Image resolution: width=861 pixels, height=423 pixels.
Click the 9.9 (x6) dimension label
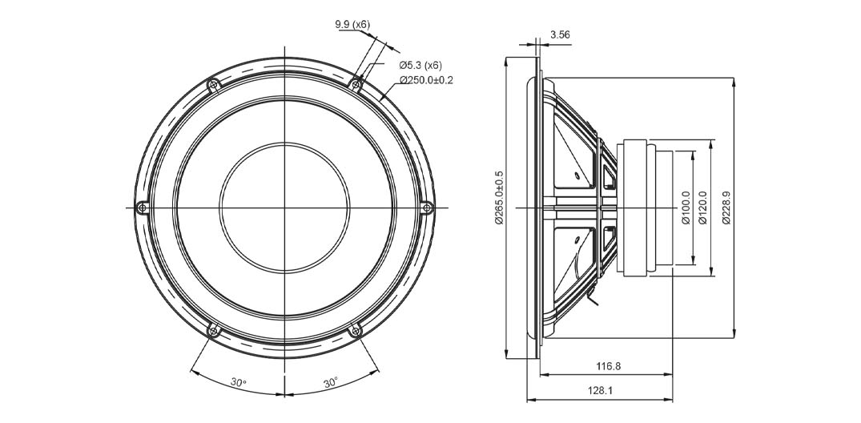(x=352, y=24)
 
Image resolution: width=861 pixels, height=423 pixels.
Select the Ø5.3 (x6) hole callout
(x=420, y=66)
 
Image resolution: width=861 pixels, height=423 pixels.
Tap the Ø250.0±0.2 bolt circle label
(x=426, y=80)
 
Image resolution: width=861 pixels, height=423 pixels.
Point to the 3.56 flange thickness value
(x=560, y=34)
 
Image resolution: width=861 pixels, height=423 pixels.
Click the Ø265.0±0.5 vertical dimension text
(x=499, y=198)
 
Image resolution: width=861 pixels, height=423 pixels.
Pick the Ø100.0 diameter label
(x=686, y=207)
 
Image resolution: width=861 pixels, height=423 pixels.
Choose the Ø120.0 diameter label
(x=702, y=207)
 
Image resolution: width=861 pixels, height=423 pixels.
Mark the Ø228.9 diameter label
(x=726, y=207)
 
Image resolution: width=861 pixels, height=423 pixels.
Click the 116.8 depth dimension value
(x=608, y=366)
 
